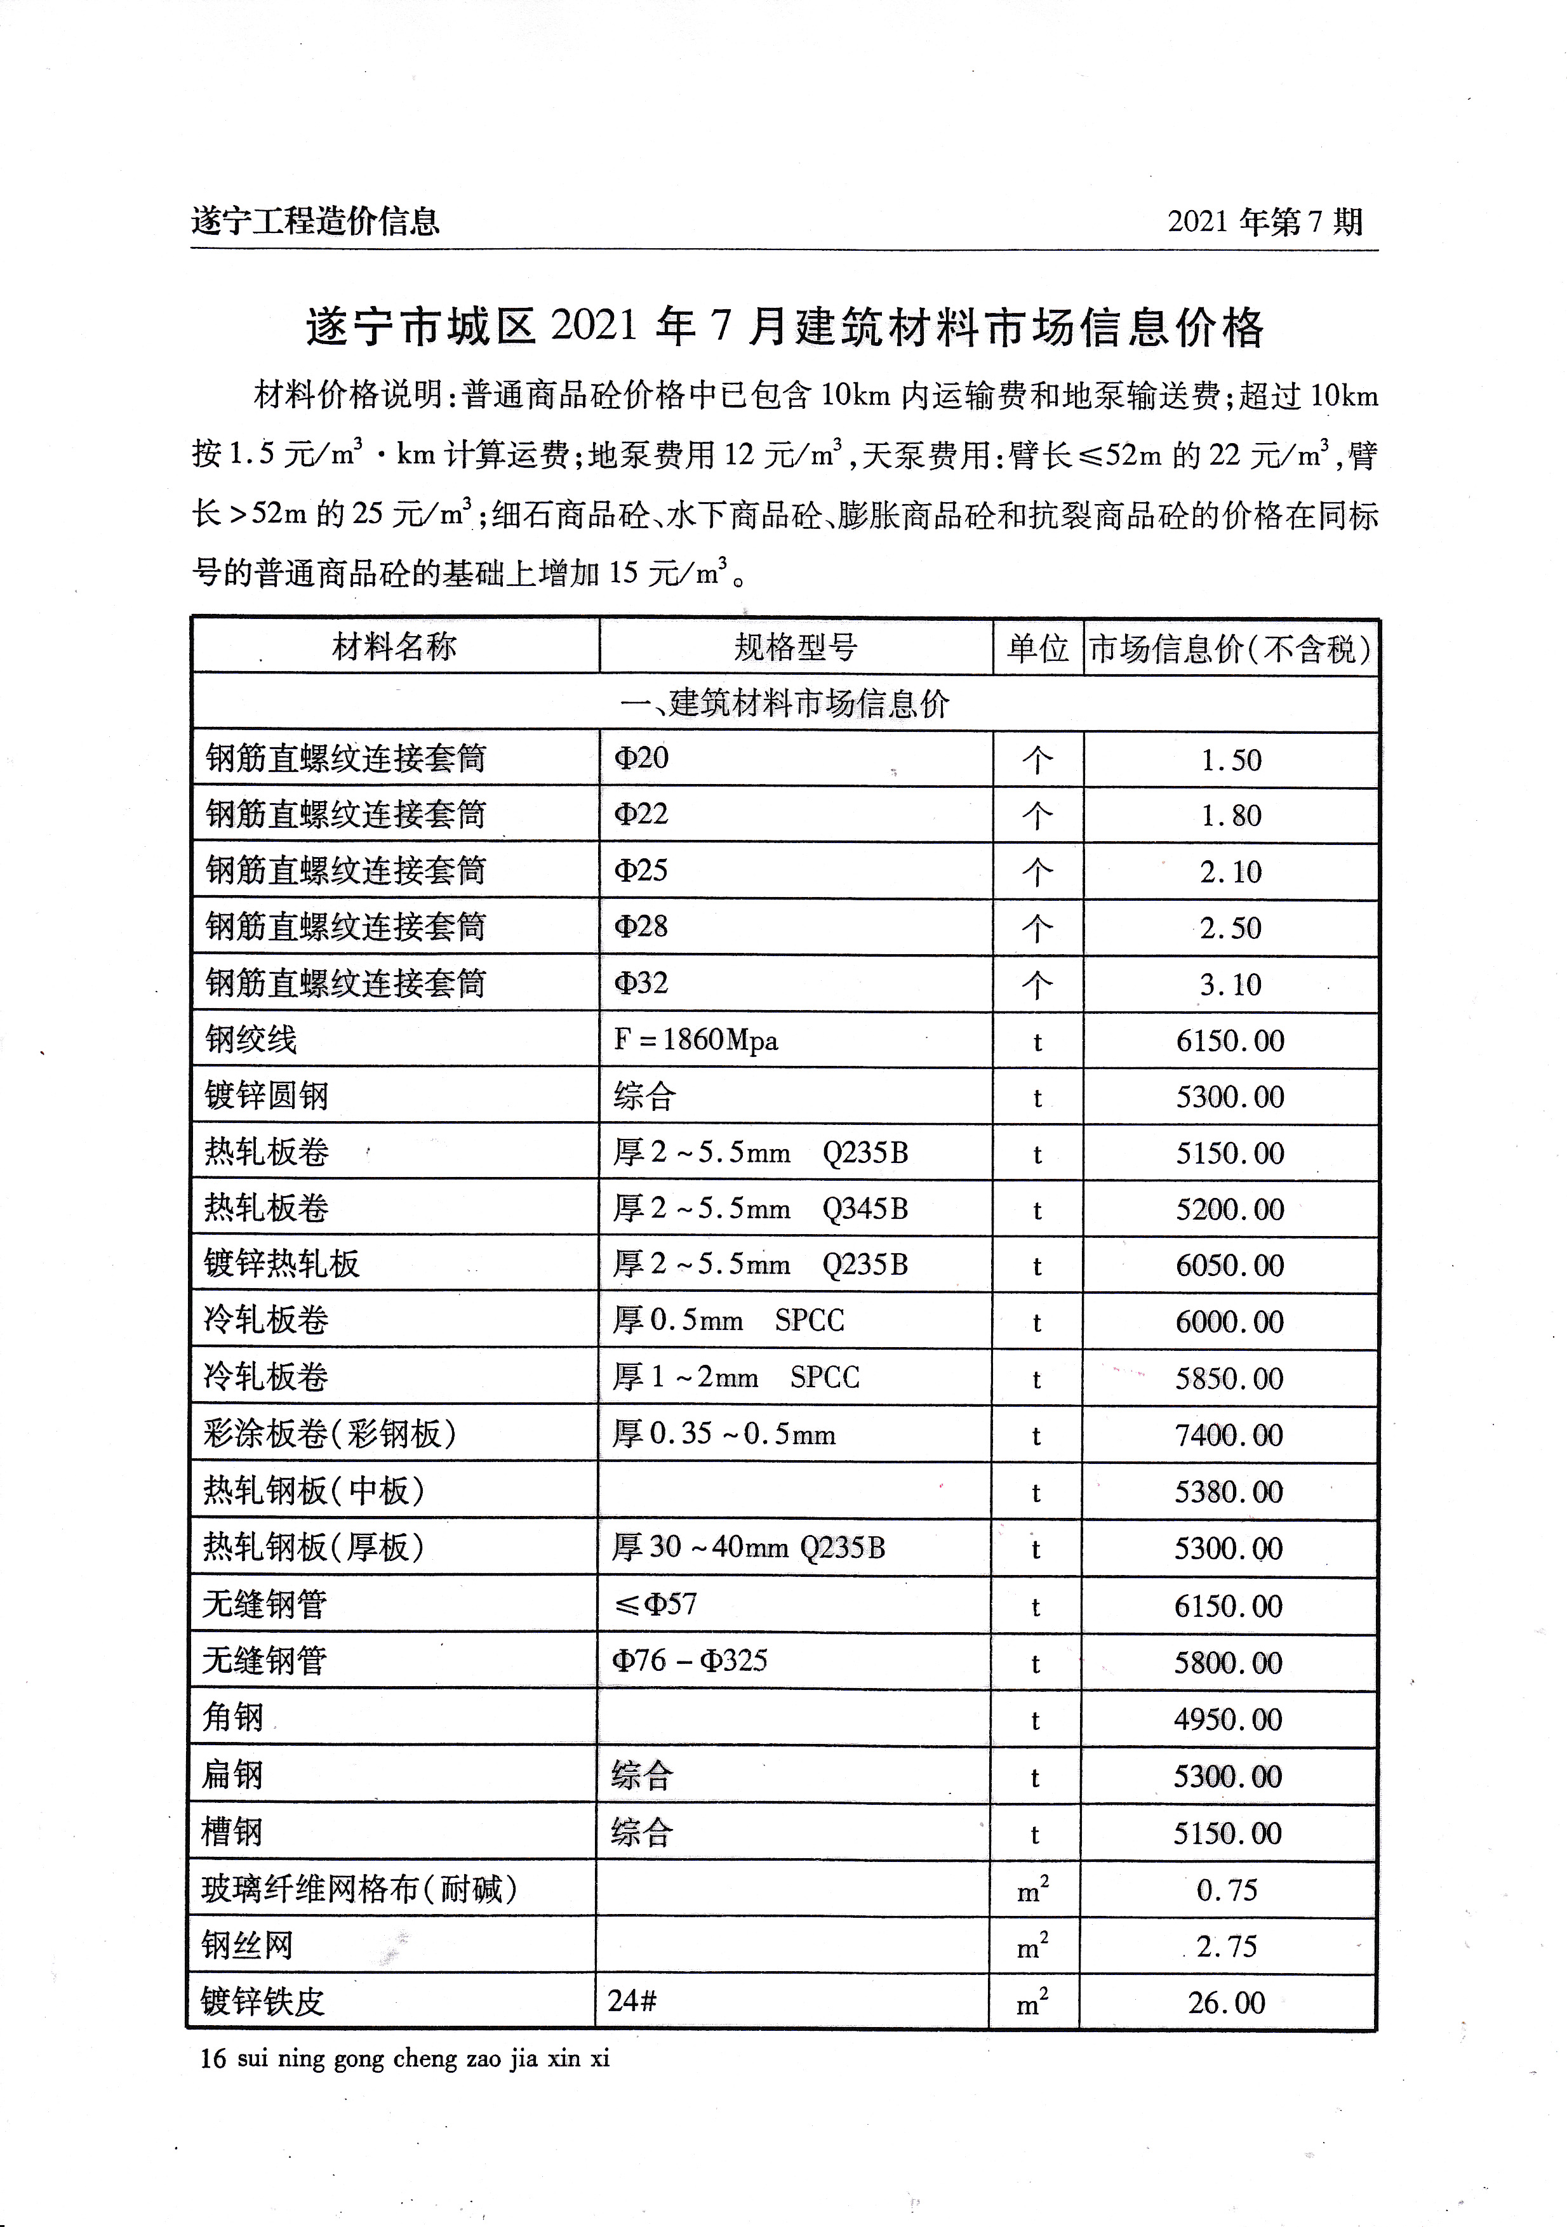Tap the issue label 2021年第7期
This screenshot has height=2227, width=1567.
point(1265,222)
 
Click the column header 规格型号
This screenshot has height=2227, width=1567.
point(796,647)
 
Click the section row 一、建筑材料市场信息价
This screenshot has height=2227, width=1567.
point(784,703)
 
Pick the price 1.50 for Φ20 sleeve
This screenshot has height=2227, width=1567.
point(1230,761)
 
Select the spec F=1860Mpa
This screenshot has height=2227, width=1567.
point(696,1040)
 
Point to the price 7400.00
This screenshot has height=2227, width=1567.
point(1229,1435)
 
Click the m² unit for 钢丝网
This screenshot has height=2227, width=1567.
point(1032,1946)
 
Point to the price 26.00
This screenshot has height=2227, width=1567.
point(1227,2003)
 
